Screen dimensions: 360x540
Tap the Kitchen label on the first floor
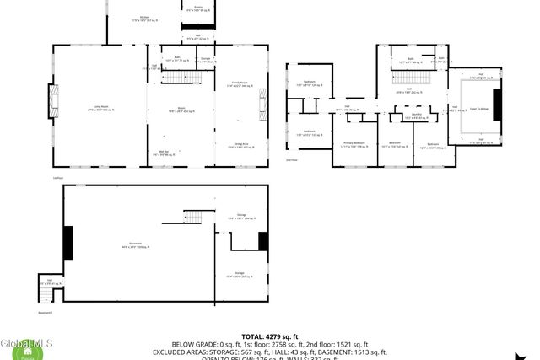click(144, 18)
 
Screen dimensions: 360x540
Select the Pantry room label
click(198, 8)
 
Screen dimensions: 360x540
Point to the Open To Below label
click(478, 109)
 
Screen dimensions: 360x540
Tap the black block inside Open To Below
click(497, 105)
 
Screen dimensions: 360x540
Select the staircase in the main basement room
click(193, 218)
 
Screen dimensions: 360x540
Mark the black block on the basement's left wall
click(68, 242)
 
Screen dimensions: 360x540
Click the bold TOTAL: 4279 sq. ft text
click(269, 336)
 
